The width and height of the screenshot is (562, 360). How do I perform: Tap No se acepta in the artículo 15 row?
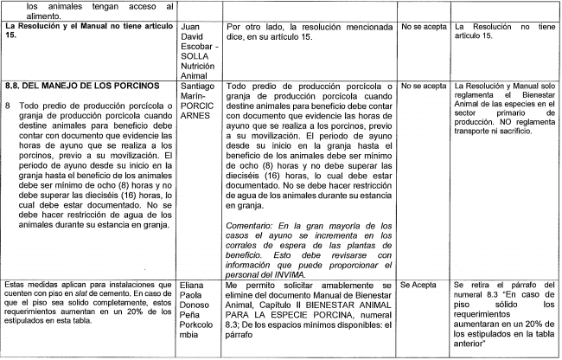(x=424, y=28)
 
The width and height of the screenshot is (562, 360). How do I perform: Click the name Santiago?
(x=199, y=87)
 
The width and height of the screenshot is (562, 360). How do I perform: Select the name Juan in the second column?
(x=192, y=28)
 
